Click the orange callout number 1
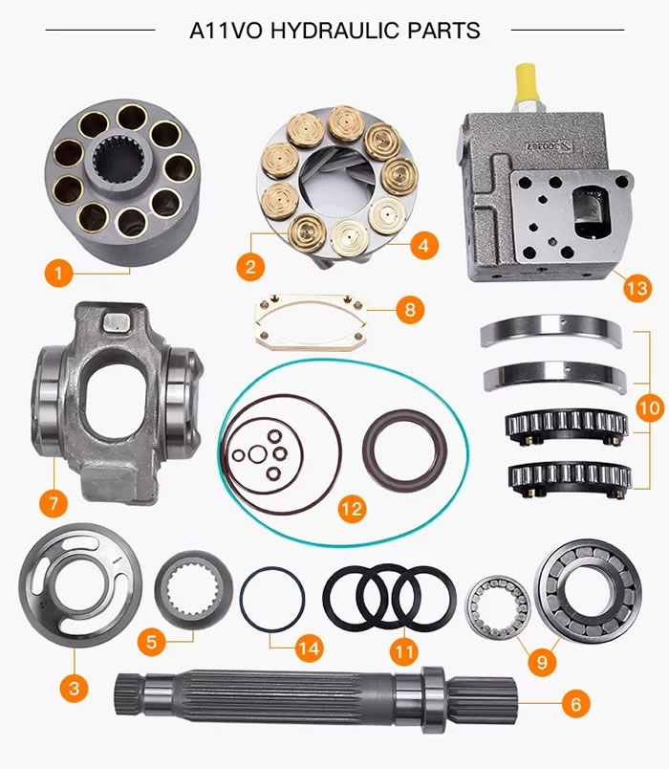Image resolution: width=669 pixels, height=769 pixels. (x=58, y=274)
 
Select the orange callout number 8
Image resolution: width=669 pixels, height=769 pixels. (x=409, y=309)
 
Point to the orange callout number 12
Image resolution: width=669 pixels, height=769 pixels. (x=352, y=508)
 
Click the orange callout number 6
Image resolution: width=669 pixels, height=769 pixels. (x=573, y=705)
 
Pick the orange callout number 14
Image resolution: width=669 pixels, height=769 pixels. (x=308, y=648)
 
